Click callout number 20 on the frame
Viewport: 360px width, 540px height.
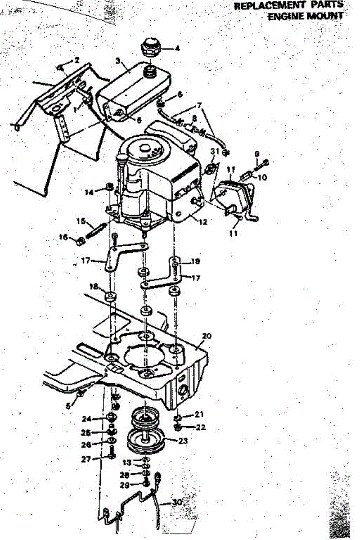207,336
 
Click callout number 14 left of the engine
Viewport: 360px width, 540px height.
90,192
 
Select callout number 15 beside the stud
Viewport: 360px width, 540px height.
81,221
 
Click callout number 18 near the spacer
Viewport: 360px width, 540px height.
94,287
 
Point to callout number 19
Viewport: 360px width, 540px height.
195,261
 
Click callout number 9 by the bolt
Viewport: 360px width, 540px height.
257,153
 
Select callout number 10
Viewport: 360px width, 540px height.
262,177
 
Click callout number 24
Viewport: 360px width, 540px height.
87,419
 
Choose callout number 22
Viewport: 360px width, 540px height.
201,427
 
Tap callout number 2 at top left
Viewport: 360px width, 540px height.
76,59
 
